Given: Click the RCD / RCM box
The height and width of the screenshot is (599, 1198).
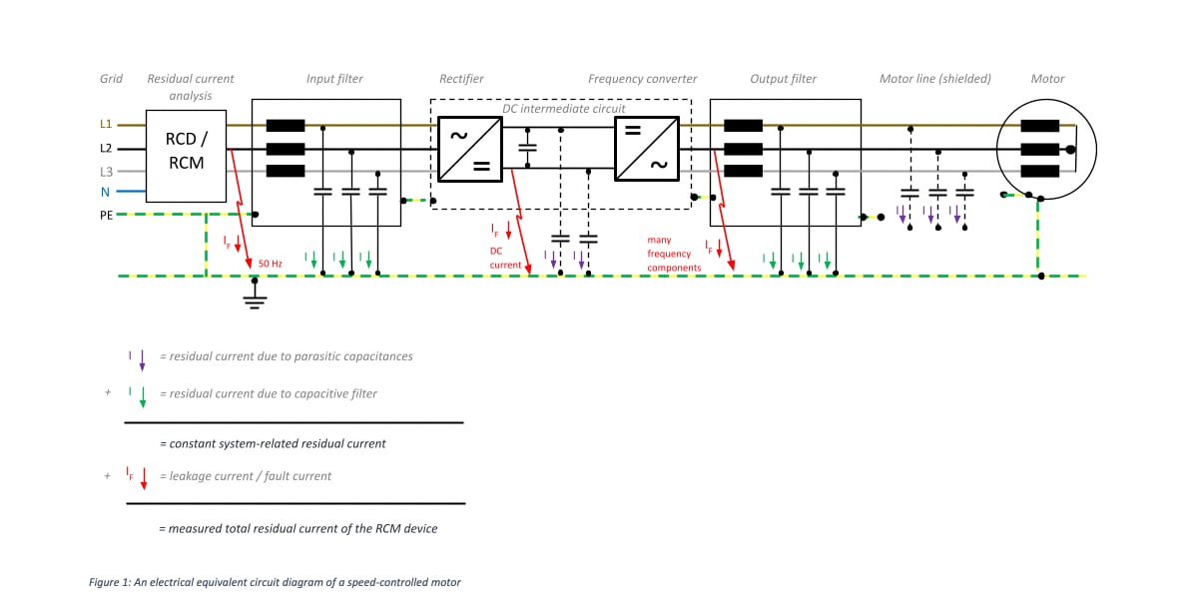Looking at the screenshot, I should (x=186, y=156).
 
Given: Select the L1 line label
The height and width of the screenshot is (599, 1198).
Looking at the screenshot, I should (x=106, y=125).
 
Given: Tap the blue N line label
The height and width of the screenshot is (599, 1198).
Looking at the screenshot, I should (x=106, y=192).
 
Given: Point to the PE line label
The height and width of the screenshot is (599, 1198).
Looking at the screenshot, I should (x=106, y=215).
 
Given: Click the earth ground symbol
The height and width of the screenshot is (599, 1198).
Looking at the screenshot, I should (x=256, y=299).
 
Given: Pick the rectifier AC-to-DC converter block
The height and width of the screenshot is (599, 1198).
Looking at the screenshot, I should (x=469, y=148).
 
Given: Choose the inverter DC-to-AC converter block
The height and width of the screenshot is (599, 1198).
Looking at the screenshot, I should (x=646, y=148).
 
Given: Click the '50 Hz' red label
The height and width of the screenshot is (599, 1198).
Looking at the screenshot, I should (x=271, y=264).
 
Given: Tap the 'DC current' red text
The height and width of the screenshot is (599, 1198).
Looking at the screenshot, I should (x=505, y=258).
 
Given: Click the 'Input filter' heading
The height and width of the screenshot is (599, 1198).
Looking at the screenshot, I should (x=334, y=79).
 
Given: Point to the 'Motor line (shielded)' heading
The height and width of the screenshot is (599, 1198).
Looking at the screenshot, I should (x=934, y=79).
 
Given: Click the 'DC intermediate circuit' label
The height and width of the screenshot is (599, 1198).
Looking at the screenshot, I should (x=563, y=108).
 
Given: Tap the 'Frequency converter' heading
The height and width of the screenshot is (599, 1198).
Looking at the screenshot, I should (x=642, y=79).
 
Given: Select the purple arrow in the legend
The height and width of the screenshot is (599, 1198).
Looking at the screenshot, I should (x=142, y=360).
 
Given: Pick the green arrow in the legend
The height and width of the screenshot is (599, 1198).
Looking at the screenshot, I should (x=142, y=397).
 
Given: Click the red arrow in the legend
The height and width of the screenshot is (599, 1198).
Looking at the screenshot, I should (x=144, y=479).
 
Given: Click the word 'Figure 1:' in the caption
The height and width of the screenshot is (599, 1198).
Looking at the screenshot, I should (x=111, y=582).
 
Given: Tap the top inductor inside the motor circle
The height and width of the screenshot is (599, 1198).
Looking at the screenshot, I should (x=1039, y=126).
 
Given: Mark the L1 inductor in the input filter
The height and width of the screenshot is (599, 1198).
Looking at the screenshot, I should (x=286, y=126).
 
